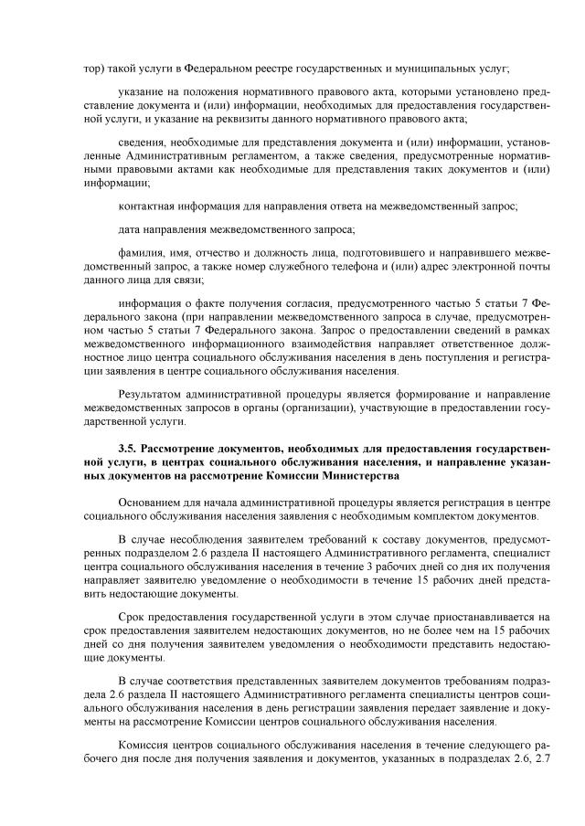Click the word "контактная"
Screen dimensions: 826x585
pyautogui.click(x=148, y=206)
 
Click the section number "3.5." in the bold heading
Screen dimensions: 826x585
pyautogui.click(x=130, y=450)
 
